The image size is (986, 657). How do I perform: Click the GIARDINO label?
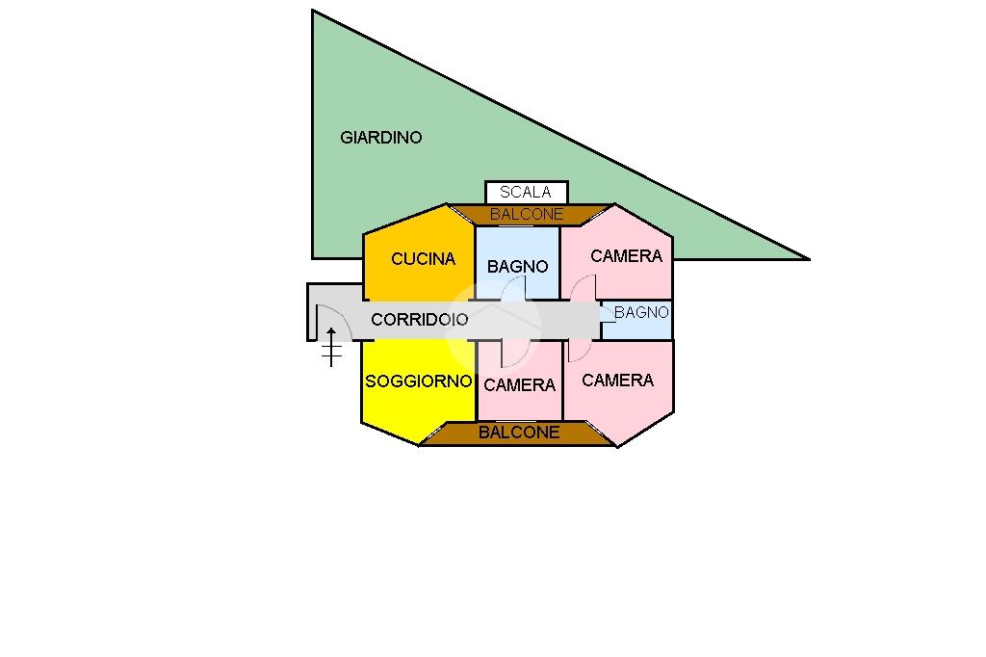pyautogui.click(x=381, y=138)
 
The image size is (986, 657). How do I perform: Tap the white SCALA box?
pyautogui.click(x=526, y=193)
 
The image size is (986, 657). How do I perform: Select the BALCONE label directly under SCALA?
pyautogui.click(x=527, y=214)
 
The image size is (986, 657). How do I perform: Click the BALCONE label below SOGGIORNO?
pyautogui.click(x=519, y=433)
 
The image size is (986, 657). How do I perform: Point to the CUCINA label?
pyautogui.click(x=423, y=258)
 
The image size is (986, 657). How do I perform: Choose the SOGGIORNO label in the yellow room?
pyautogui.click(x=419, y=381)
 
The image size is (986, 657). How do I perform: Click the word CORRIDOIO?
pyautogui.click(x=420, y=319)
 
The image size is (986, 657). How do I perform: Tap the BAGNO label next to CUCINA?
pyautogui.click(x=518, y=266)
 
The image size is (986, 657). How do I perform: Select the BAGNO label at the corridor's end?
pyautogui.click(x=641, y=312)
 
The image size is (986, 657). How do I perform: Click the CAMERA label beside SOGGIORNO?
pyautogui.click(x=520, y=384)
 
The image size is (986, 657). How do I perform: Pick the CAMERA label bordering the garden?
pyautogui.click(x=627, y=255)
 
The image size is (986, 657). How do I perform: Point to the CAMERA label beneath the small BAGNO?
pyautogui.click(x=617, y=380)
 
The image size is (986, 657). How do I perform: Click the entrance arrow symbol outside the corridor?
pyautogui.click(x=331, y=347)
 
